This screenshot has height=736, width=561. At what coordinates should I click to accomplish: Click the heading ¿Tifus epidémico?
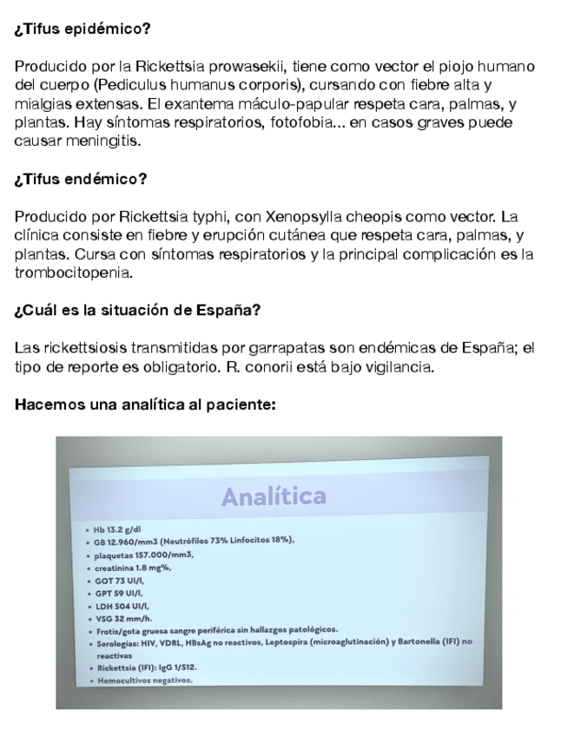coord(82,29)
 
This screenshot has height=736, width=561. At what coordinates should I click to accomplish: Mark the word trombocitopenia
coord(70,272)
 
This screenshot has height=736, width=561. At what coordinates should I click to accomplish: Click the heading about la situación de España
coord(138,311)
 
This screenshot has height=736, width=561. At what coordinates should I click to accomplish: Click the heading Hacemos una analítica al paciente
coord(145,404)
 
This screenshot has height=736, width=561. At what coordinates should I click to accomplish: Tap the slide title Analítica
coord(273,496)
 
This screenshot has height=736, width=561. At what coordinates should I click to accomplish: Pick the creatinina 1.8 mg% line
coord(132,568)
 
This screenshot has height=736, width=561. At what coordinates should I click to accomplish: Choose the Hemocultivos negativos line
coord(142,681)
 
